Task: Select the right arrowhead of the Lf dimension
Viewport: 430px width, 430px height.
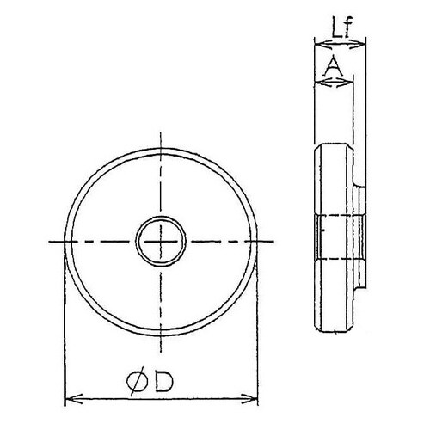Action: point(364,42)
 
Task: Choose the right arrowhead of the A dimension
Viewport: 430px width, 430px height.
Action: point(350,81)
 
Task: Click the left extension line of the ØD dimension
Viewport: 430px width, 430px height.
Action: point(65,327)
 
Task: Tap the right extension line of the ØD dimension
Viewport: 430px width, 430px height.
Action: point(259,327)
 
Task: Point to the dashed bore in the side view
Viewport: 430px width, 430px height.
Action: point(338,238)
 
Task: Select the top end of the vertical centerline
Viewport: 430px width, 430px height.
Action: point(160,138)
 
